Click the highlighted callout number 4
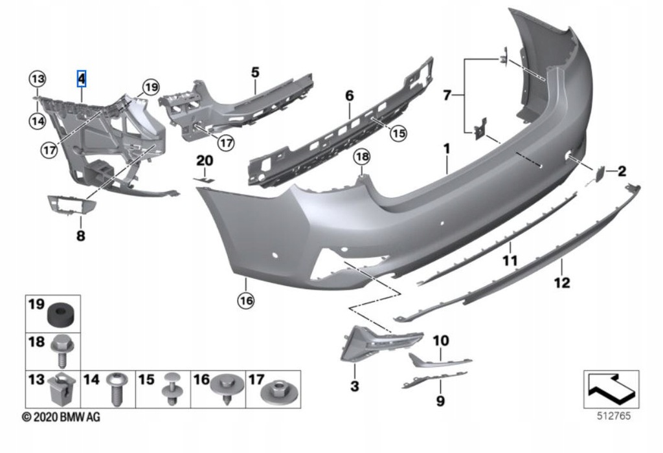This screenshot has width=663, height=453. pos(82,79)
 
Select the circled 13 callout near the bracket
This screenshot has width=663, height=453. pos(38,79)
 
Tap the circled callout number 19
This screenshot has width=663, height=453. pos(150,87)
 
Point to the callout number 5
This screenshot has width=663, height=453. pos(255,72)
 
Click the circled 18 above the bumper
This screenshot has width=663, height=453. pos(361,157)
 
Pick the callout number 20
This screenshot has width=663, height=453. pos(205,160)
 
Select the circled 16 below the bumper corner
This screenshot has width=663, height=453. pos(246,300)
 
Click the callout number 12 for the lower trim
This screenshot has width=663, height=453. pos(561,282)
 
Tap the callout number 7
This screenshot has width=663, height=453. pos(447,96)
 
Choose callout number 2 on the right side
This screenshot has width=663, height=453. pos(622,171)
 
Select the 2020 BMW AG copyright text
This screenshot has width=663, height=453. pos(62,418)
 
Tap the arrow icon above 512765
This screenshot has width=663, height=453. pos(611,388)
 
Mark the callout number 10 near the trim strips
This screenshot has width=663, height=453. pos(440,340)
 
